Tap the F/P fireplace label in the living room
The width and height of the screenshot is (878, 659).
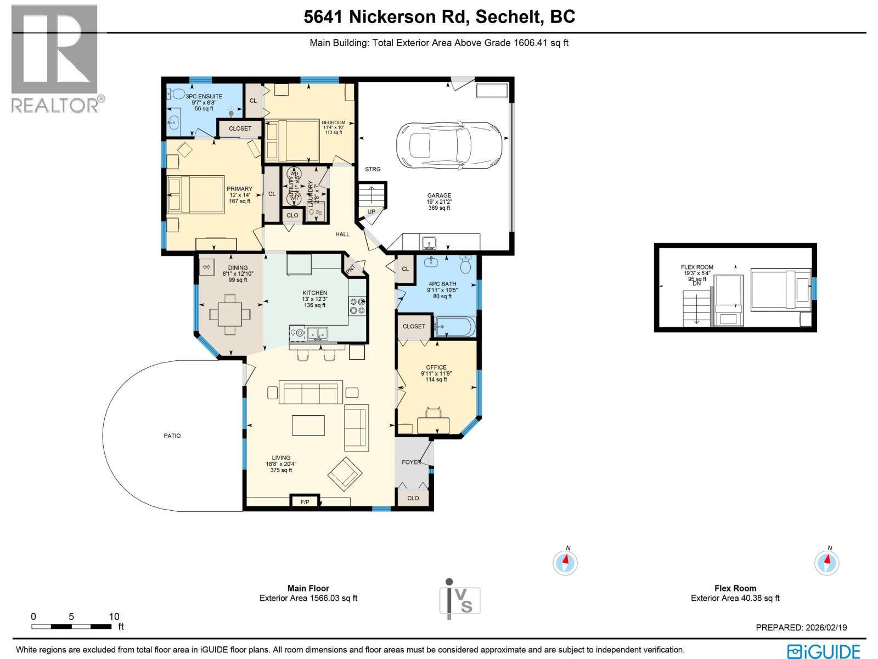[305, 502]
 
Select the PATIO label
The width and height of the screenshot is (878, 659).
[172, 435]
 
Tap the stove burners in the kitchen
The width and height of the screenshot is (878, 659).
[357, 306]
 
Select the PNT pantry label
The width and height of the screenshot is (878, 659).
[350, 269]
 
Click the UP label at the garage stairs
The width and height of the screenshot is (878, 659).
[372, 211]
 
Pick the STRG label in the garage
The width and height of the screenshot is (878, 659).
[373, 169]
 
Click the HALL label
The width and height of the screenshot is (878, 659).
[342, 234]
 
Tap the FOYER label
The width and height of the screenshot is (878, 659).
[411, 462]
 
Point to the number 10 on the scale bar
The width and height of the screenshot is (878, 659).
[114, 617]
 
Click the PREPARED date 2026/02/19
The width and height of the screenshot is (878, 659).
[801, 627]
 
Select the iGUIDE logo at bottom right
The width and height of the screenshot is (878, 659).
[823, 651]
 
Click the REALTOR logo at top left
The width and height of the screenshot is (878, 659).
[55, 58]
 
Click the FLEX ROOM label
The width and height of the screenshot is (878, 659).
[697, 267]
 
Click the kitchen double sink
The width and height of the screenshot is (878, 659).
[318, 333]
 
